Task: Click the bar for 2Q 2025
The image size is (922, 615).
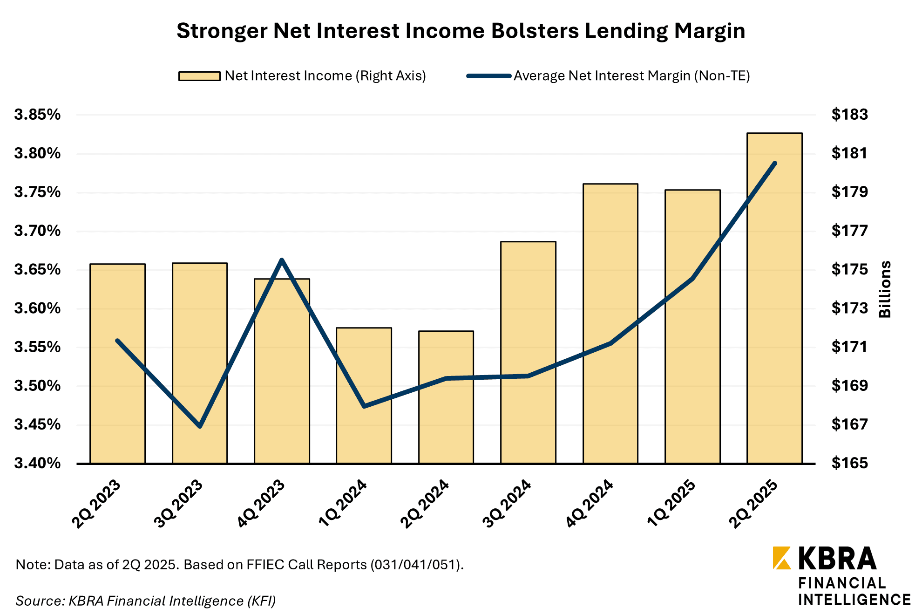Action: tap(774, 298)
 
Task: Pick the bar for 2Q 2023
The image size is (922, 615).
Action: tap(117, 363)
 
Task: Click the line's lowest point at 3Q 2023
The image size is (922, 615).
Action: tap(200, 426)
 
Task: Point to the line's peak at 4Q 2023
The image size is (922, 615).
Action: tap(282, 260)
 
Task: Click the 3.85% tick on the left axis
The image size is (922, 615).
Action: tap(37, 115)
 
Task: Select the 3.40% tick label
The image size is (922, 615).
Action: tap(37, 463)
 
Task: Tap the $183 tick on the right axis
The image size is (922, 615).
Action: tap(849, 115)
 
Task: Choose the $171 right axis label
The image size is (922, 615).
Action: tap(849, 347)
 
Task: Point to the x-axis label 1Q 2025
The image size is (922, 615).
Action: tap(671, 504)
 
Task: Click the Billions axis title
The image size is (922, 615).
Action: tap(885, 289)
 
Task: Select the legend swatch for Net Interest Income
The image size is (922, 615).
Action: tap(199, 76)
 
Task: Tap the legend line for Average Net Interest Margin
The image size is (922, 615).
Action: tap(489, 76)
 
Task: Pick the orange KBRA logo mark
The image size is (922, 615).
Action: tap(781, 558)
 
